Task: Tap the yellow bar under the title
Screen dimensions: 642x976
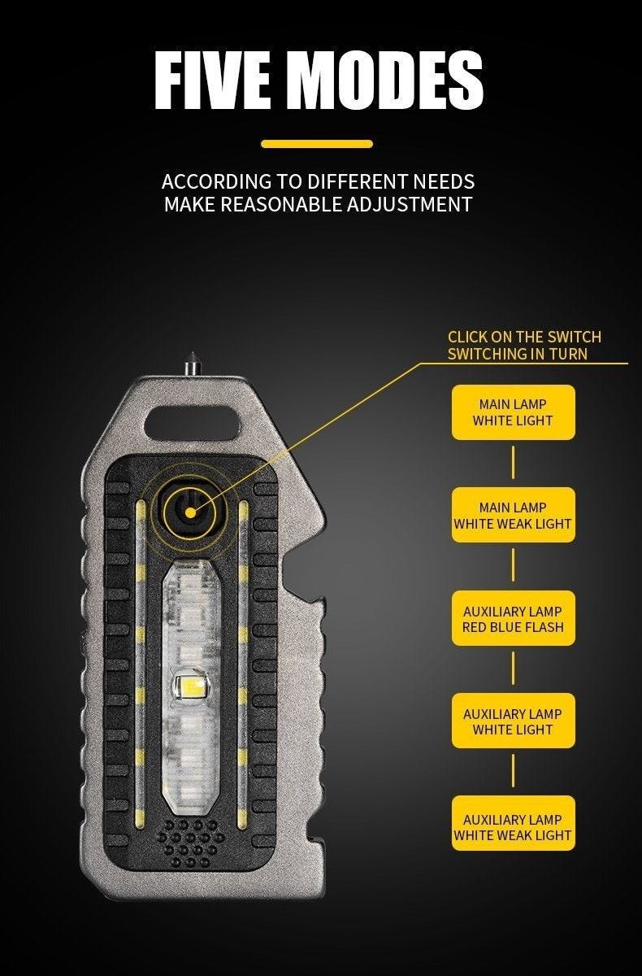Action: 317,144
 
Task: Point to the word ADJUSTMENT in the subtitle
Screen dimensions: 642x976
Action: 410,204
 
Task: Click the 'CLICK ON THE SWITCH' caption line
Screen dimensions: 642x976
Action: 524,337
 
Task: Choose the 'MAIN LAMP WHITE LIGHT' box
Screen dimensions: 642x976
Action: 513,412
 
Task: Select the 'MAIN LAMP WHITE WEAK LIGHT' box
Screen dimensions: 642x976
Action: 513,515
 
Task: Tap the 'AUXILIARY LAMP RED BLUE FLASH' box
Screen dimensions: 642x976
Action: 513,618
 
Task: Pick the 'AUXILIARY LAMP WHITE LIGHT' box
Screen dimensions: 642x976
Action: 513,721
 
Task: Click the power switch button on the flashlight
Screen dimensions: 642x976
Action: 190,512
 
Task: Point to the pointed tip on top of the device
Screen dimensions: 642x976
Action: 191,354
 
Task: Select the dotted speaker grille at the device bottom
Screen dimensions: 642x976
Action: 191,843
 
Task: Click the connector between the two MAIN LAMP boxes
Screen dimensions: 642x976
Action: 513,462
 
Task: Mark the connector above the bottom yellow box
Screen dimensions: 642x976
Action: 513,772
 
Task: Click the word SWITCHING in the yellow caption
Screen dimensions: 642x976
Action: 487,354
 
